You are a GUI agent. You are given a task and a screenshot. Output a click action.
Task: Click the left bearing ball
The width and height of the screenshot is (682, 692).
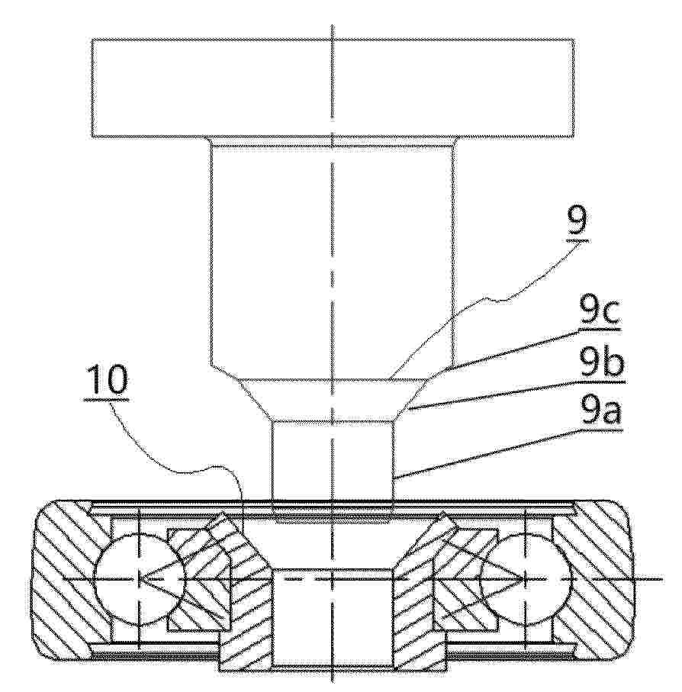click(x=139, y=578)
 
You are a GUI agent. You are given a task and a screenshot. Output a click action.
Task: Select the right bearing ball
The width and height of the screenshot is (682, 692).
click(x=525, y=578)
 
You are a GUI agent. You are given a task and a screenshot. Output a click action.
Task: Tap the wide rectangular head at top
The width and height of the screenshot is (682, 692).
click(x=333, y=89)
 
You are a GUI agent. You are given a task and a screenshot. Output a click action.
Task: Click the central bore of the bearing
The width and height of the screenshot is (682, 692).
click(x=333, y=618)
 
